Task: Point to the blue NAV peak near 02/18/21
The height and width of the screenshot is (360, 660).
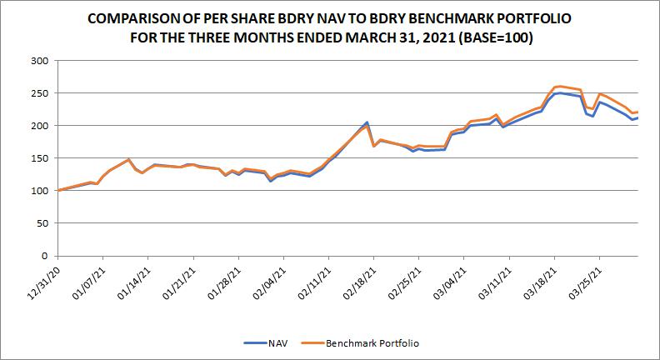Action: [367, 122]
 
